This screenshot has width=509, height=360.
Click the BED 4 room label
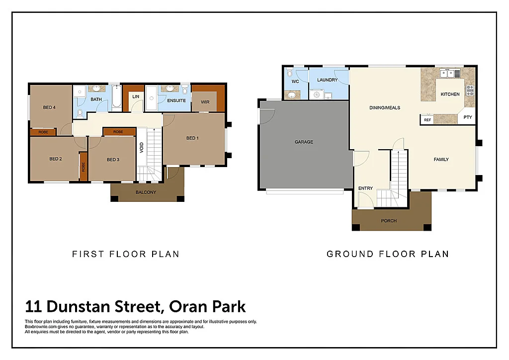[x=49, y=107]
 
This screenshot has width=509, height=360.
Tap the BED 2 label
[x=55, y=159]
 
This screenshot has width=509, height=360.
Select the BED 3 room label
[x=113, y=160]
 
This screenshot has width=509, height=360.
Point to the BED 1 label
[x=192, y=138]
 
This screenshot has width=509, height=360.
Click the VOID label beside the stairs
[x=142, y=148]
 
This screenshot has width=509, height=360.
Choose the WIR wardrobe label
[x=205, y=101]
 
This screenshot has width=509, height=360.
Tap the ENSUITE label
[x=176, y=101]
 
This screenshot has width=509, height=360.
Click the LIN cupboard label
[x=136, y=96]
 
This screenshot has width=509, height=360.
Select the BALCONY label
[x=146, y=192]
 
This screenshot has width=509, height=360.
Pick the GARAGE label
[x=304, y=142]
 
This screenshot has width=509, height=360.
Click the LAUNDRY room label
[x=327, y=80]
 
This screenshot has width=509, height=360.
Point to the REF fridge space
[x=427, y=120]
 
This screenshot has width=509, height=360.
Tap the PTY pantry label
[x=467, y=118]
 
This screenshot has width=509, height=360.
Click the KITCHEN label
[x=450, y=94]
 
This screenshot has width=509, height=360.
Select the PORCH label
[x=389, y=221]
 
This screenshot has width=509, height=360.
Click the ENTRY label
[x=365, y=188]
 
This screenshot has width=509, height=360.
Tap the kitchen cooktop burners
[x=469, y=90]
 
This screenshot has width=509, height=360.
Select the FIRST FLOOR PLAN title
[x=126, y=254]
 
